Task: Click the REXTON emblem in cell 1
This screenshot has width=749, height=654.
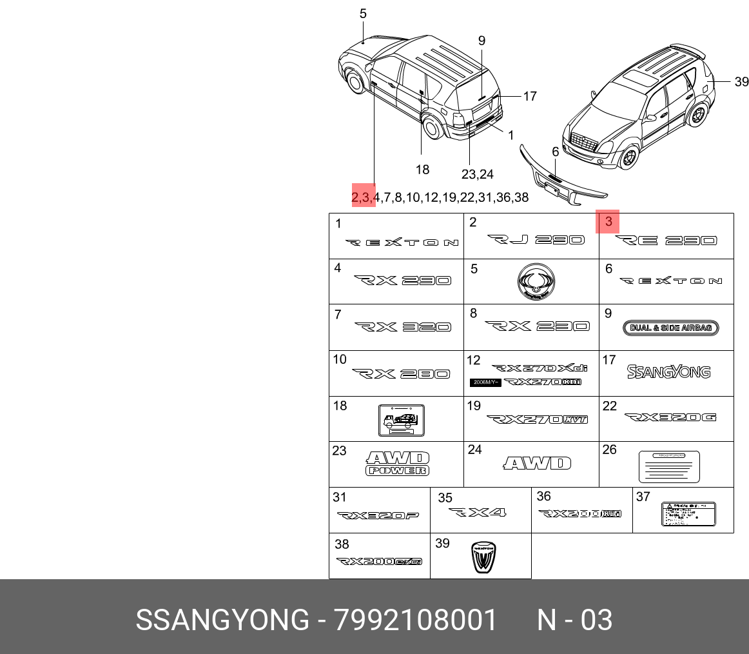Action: pyautogui.click(x=402, y=243)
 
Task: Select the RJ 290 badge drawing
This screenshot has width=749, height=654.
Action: pyautogui.click(x=536, y=240)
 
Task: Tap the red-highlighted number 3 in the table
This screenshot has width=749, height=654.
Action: pyautogui.click(x=608, y=223)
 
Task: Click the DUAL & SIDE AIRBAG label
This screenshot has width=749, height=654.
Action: pyautogui.click(x=670, y=328)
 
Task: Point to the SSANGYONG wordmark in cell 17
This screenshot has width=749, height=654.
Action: pyautogui.click(x=669, y=372)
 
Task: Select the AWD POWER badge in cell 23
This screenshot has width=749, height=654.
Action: pyautogui.click(x=398, y=463)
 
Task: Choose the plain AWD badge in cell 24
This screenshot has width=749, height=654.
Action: pyautogui.click(x=537, y=463)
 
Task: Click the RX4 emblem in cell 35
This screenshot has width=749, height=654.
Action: pyautogui.click(x=478, y=513)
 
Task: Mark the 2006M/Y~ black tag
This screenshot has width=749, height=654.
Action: pyautogui.click(x=484, y=382)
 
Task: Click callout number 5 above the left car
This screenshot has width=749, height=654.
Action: pyautogui.click(x=363, y=14)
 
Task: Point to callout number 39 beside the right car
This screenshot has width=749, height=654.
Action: pyautogui.click(x=741, y=82)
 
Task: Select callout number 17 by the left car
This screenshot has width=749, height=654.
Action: pyautogui.click(x=529, y=97)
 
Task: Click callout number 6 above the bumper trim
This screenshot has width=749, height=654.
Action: pyautogui.click(x=555, y=152)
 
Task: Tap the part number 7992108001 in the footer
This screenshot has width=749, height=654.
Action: pyautogui.click(x=416, y=620)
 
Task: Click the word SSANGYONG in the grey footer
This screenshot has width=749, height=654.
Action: pyautogui.click(x=222, y=620)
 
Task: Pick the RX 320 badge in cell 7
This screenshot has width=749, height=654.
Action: pyautogui.click(x=402, y=327)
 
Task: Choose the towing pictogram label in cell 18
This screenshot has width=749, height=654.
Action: pyautogui.click(x=401, y=420)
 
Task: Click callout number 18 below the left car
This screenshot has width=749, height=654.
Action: pyautogui.click(x=422, y=170)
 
